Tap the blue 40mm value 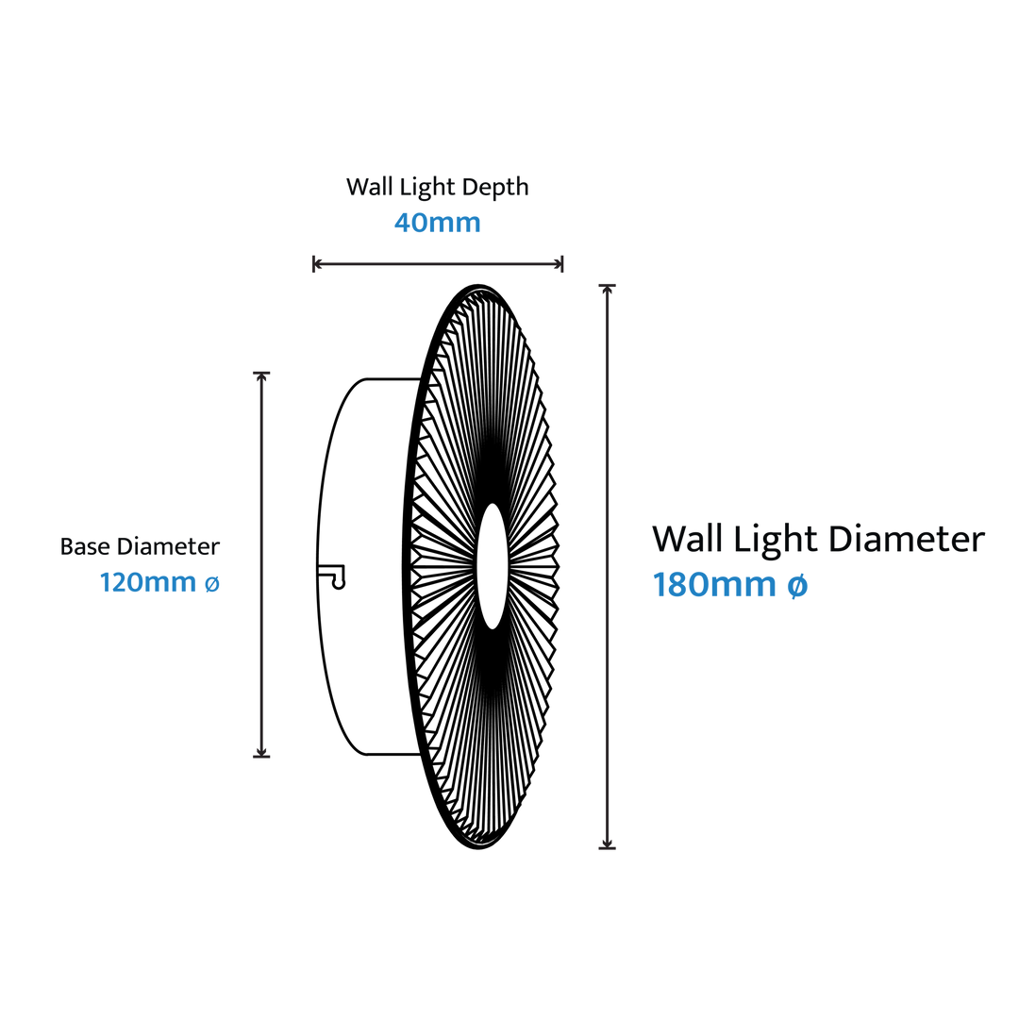pos(437,225)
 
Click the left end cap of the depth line pos(315,264)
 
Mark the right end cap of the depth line pos(560,264)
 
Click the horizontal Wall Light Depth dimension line pos(438,265)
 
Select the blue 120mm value pos(148,584)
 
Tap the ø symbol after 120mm pos(212,585)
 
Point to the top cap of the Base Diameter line pos(261,375)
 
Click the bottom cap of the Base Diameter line pos(261,755)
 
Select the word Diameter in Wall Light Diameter pos(906,542)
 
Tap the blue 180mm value pos(713,587)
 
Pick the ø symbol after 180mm pos(797,588)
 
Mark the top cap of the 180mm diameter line pos(607,286)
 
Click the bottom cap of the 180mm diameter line pos(607,846)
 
